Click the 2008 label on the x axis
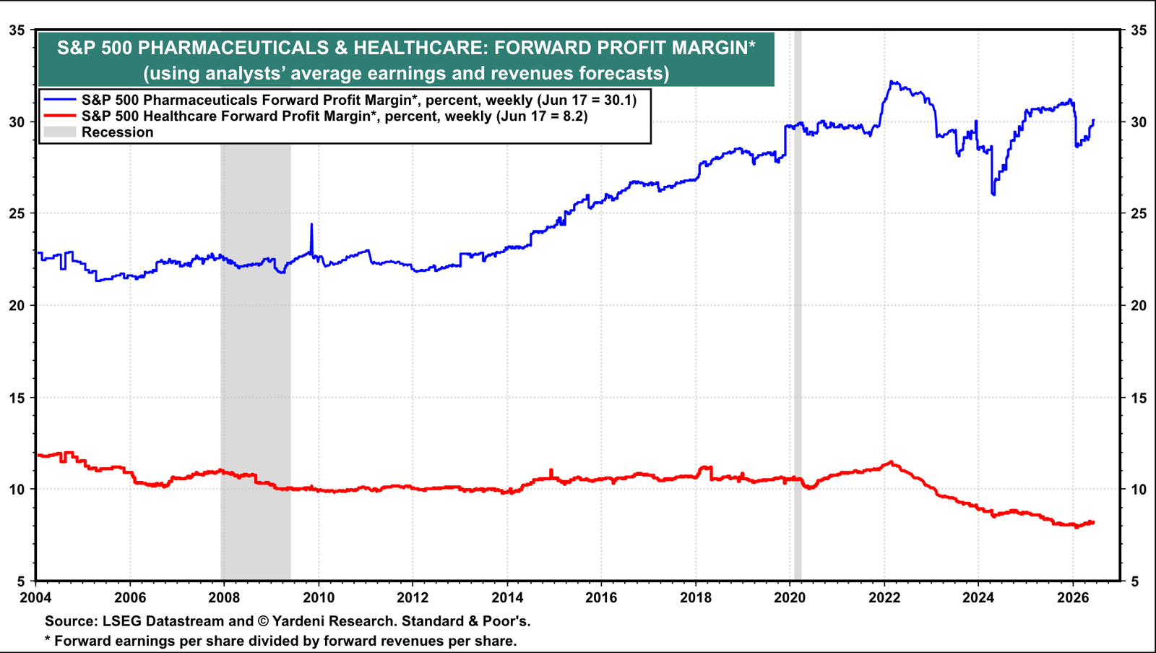(224, 598)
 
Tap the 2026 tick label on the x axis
(1073, 598)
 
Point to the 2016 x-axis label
(601, 598)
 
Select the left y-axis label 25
(17, 213)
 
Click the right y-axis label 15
(1139, 398)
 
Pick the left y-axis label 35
(17, 30)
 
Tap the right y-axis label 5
(1134, 581)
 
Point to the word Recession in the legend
(118, 132)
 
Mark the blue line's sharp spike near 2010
(311, 224)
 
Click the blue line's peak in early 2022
(892, 82)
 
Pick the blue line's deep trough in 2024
(993, 194)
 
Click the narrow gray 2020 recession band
(798, 304)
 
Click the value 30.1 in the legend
(618, 100)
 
